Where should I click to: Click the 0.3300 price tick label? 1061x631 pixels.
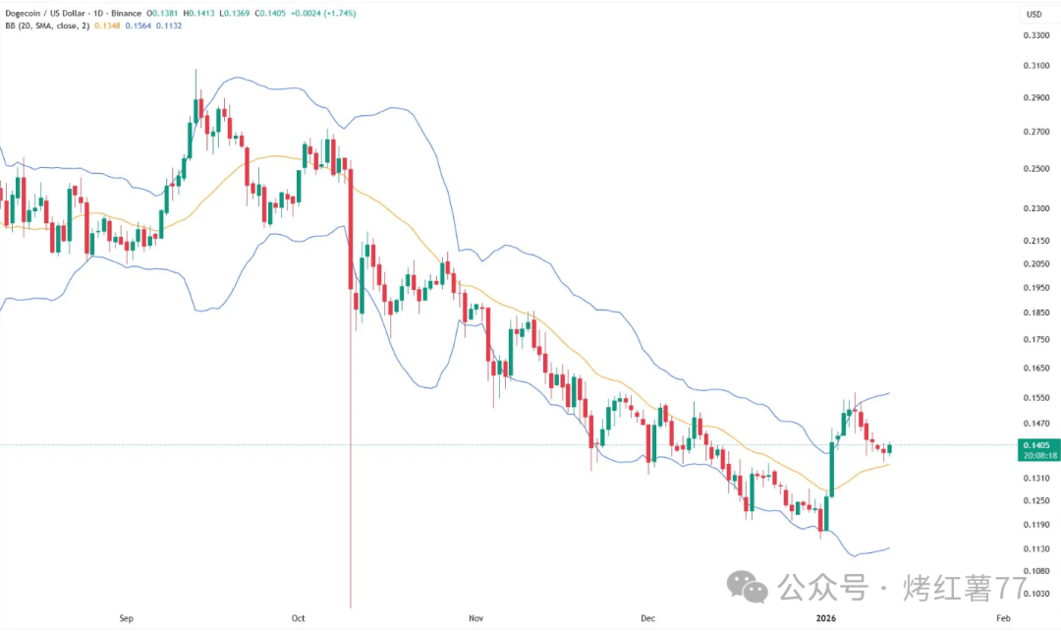point(1036,35)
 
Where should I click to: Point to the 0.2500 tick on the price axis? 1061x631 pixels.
point(1036,168)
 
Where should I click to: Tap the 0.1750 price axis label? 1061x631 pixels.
point(1036,339)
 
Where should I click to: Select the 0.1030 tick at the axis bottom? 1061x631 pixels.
point(1036,594)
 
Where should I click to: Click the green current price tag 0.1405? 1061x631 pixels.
point(1036,444)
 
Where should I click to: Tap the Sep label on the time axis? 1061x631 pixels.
point(126,618)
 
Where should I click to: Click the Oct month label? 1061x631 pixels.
point(299,618)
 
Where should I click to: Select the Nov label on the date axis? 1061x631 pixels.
point(475,618)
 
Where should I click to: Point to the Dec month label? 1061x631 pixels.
point(647,618)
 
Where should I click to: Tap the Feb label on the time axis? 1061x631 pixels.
point(1002,618)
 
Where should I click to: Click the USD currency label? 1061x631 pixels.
point(1034,14)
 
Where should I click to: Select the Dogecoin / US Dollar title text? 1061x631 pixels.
point(50,13)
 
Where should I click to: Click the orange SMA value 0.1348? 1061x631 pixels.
point(109,26)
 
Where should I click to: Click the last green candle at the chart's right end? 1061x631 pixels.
point(889,449)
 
